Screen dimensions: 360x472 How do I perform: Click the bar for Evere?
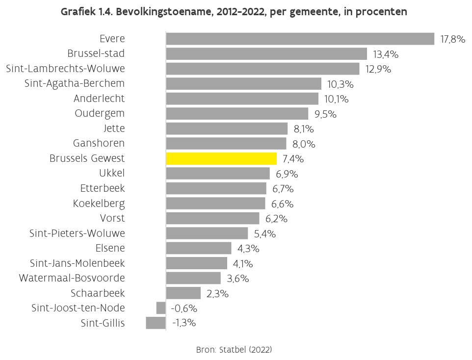coord(300,39)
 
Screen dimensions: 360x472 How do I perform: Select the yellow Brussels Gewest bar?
coord(221,158)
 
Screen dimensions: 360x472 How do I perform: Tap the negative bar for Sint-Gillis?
coord(156,323)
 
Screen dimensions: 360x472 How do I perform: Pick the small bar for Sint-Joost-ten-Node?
coord(161,308)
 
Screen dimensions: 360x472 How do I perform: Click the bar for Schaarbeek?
coord(184,293)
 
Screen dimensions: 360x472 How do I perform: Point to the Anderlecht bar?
coord(242,99)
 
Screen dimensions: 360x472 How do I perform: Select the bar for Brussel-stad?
coord(266,54)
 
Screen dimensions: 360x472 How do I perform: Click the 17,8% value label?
coord(452,39)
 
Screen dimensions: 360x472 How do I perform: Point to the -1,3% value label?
coord(184,323)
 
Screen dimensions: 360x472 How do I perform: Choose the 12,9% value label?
coord(378,69)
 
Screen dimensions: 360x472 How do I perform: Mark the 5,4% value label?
coord(264,234)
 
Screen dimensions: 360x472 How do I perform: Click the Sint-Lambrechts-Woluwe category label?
coord(65,69)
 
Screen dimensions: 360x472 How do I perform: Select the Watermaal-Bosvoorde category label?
coord(72,278)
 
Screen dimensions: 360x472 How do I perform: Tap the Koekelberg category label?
coord(99,203)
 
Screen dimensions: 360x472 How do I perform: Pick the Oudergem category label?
coord(100,113)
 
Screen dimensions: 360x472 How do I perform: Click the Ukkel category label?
coord(111,173)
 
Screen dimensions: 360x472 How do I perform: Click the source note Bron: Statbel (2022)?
coord(234,350)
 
